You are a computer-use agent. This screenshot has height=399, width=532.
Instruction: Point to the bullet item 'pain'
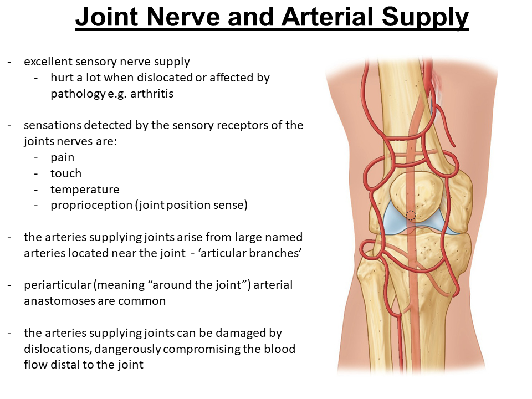point(62,157)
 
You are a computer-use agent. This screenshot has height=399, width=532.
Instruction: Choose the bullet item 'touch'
point(66,173)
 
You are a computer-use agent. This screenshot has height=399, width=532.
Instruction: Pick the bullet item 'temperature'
point(85,190)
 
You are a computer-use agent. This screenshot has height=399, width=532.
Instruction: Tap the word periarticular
point(58,285)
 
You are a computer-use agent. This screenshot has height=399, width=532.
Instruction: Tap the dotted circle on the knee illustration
point(411,215)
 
